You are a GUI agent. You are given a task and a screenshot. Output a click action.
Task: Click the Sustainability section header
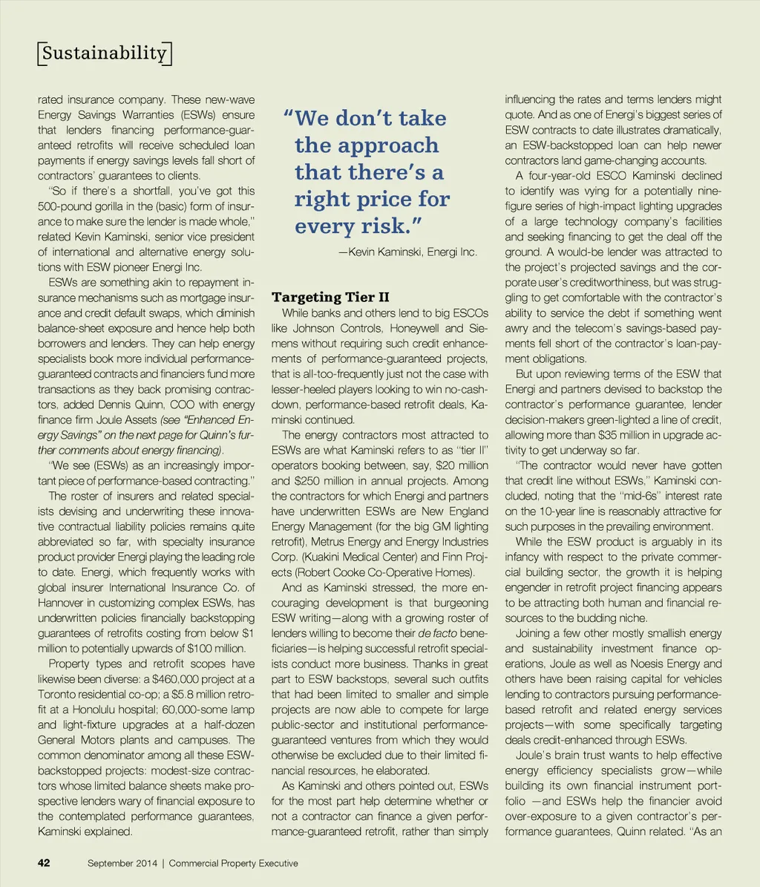click(x=103, y=53)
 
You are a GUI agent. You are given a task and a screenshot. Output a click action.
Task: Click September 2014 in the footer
click(x=122, y=863)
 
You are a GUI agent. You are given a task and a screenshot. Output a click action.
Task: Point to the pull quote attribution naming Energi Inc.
click(x=407, y=252)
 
